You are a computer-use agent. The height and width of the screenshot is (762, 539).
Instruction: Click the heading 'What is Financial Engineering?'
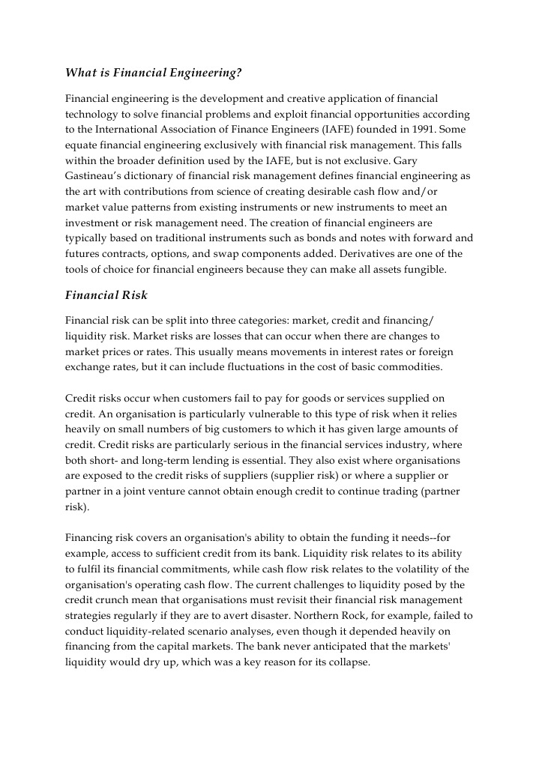pyautogui.click(x=153, y=73)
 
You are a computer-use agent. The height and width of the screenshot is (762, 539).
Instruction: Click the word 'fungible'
pyautogui.click(x=424, y=270)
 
